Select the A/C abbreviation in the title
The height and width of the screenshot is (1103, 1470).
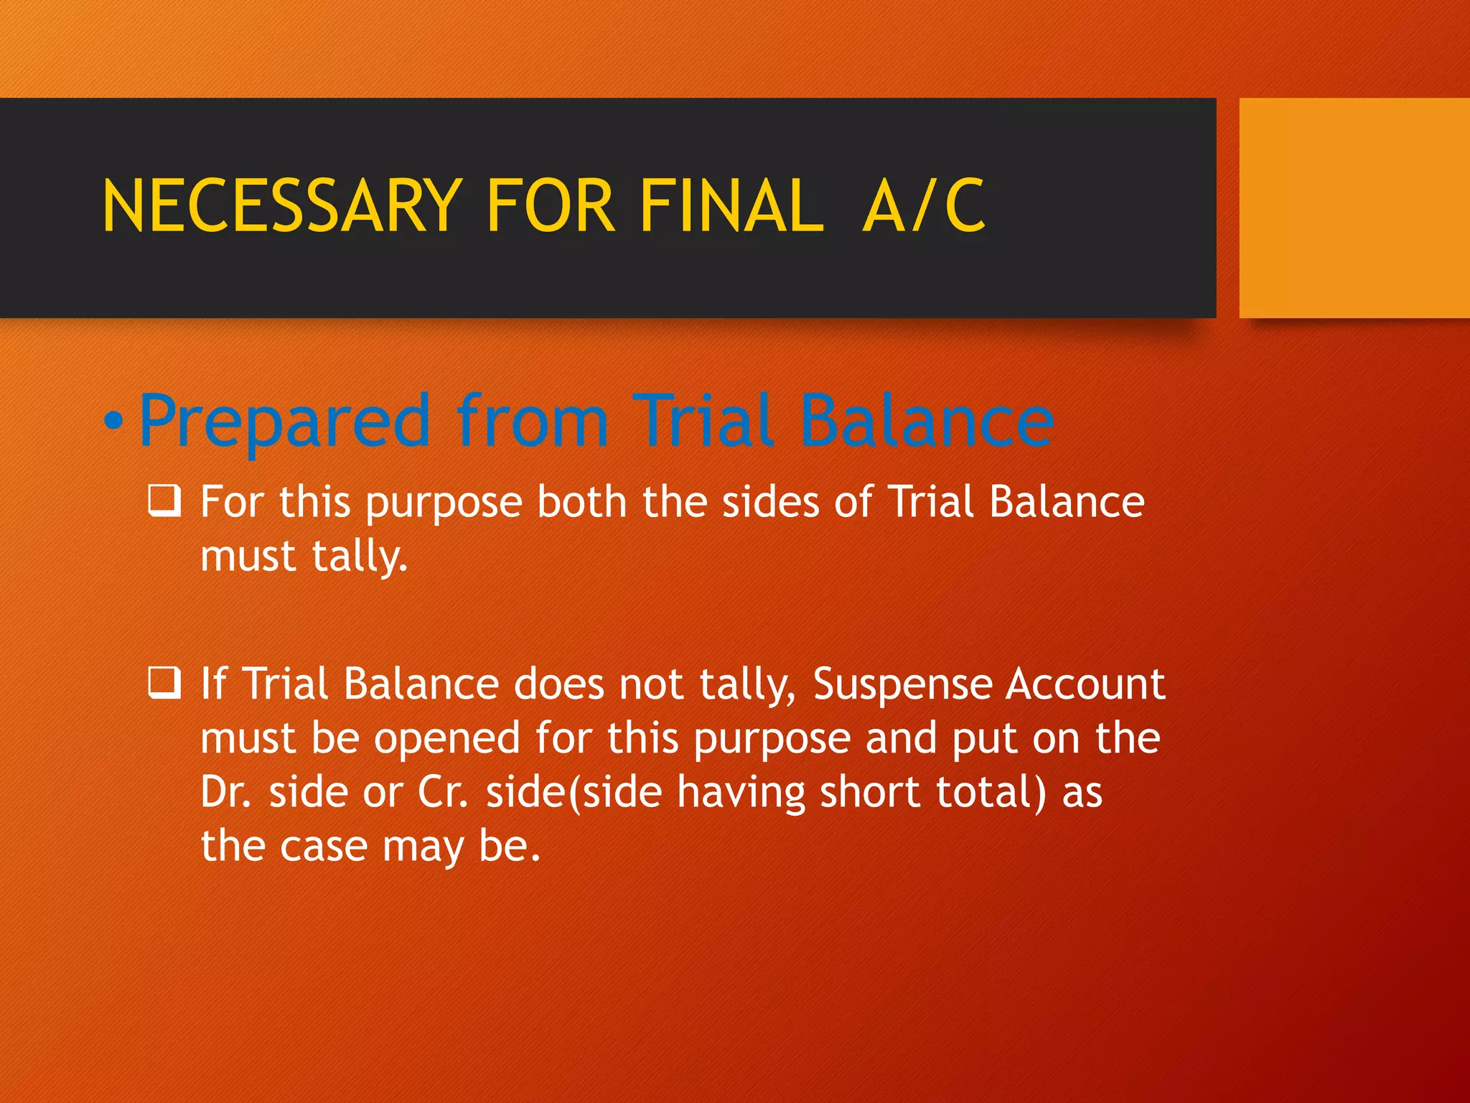[x=924, y=207]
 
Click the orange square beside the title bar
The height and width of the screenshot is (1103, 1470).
[x=1354, y=208]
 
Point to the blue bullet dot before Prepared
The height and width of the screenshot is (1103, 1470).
[x=113, y=422]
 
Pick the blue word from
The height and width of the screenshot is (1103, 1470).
[x=532, y=421]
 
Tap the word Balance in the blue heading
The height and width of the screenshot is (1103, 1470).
[x=926, y=421]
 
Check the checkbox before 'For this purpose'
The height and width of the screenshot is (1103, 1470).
[x=164, y=501]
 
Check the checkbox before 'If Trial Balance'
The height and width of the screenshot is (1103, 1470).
[x=164, y=683]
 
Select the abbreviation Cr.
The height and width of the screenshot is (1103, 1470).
[x=443, y=792]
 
